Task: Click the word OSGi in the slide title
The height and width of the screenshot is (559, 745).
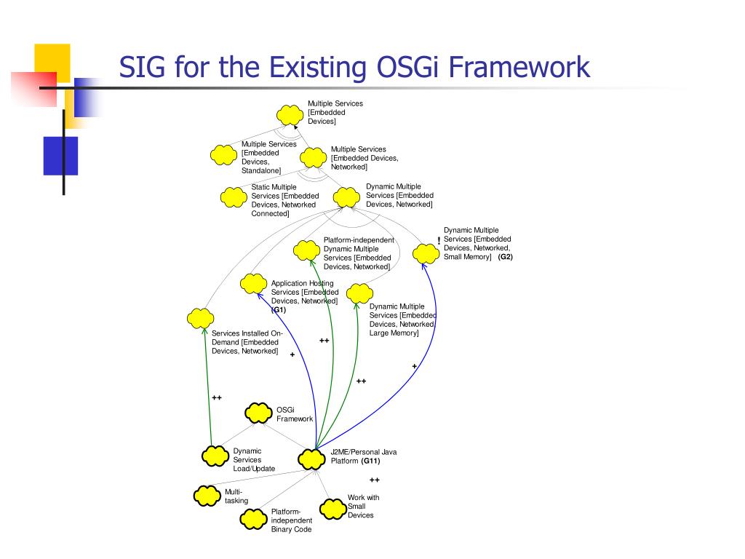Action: coord(409,68)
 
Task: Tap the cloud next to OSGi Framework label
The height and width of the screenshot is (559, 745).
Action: coord(258,413)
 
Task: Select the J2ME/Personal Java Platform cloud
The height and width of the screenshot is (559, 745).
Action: coord(311,459)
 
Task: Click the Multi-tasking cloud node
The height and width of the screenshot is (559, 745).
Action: coord(207,496)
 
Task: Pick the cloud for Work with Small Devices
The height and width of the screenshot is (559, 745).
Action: coord(333,509)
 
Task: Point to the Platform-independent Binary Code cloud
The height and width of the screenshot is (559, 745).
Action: coord(254,519)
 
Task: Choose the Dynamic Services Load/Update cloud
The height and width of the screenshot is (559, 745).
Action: coord(215,456)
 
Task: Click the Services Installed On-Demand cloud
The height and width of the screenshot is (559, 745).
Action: coord(199,318)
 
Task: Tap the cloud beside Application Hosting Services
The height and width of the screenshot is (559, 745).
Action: coord(253,283)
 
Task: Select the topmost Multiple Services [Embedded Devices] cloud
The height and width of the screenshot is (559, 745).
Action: coord(290,114)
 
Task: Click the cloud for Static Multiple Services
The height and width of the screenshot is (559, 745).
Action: coord(234,197)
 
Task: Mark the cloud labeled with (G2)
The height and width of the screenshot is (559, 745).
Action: coord(426,253)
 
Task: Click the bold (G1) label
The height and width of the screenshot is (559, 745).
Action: coord(279,310)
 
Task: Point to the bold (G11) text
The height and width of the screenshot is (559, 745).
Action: coord(370,461)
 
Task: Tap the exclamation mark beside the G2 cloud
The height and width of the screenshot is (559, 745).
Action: coord(439,241)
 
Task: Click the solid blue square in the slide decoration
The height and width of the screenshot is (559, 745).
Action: coord(60,155)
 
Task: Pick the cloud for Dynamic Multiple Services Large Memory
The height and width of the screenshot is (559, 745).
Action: coord(359,294)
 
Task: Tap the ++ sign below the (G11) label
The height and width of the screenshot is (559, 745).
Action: coord(375,480)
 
